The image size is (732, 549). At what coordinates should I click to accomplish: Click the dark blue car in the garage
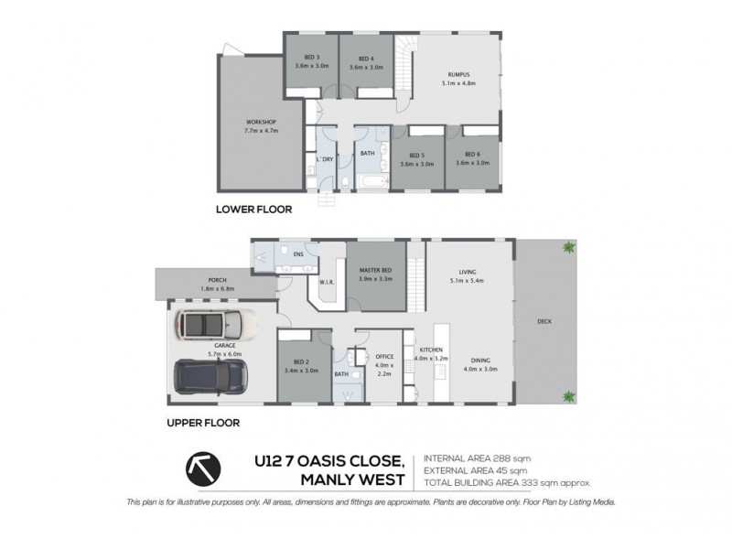tap(210, 375)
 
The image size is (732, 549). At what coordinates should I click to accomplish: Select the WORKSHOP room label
tap(261, 122)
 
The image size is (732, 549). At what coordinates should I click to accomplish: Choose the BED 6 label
tap(472, 155)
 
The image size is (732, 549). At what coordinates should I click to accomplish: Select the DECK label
tap(544, 322)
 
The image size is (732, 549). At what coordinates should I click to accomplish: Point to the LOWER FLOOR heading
tap(253, 210)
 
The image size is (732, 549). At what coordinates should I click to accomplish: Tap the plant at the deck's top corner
tap(569, 246)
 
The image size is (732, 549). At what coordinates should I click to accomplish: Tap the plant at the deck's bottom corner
tap(569, 395)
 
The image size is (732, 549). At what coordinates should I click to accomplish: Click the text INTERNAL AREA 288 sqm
tap(477, 458)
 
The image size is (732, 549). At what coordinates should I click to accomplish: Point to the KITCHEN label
tap(431, 350)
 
